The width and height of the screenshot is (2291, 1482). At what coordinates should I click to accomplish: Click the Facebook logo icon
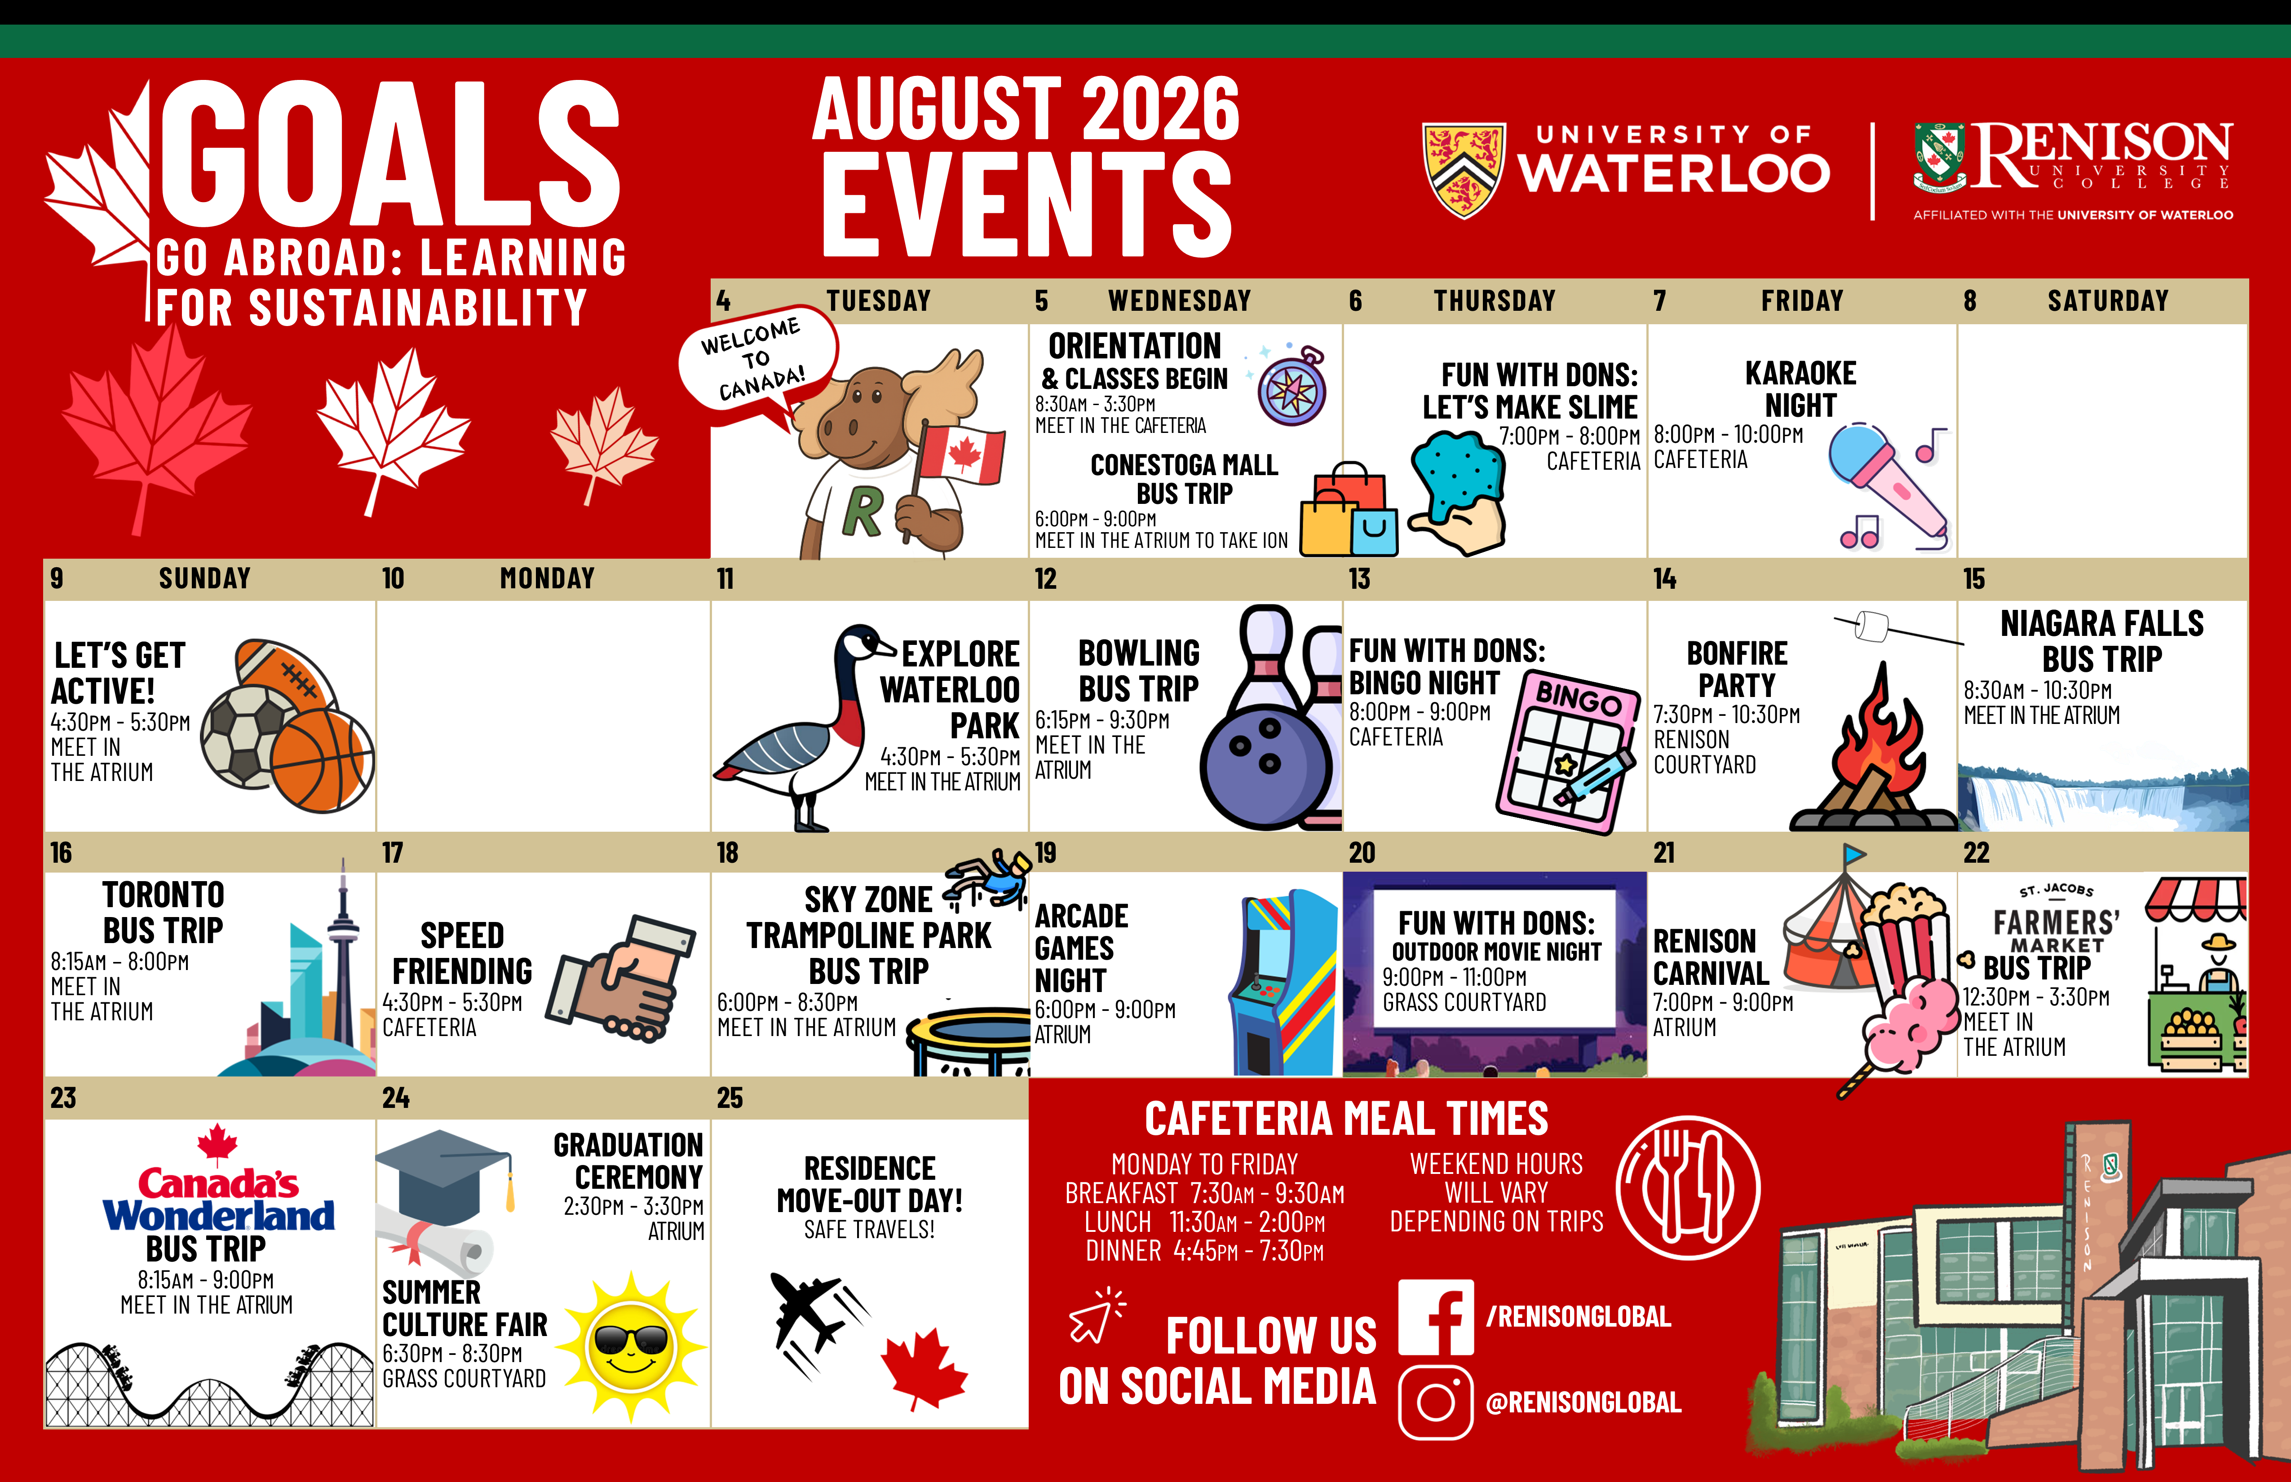(1435, 1316)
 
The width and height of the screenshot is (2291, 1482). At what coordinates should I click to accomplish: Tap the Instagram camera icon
(1435, 1402)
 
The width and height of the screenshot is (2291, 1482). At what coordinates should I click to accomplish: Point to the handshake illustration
(621, 979)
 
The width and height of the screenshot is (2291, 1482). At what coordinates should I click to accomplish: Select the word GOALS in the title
(390, 154)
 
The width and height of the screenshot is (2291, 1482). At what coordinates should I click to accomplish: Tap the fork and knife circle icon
(1689, 1187)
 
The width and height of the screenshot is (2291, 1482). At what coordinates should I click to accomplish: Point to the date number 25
(730, 1098)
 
